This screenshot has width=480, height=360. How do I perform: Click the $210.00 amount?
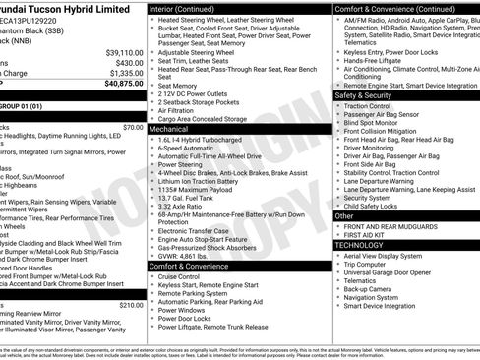click(131, 305)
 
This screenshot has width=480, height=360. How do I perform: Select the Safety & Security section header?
click(363, 95)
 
